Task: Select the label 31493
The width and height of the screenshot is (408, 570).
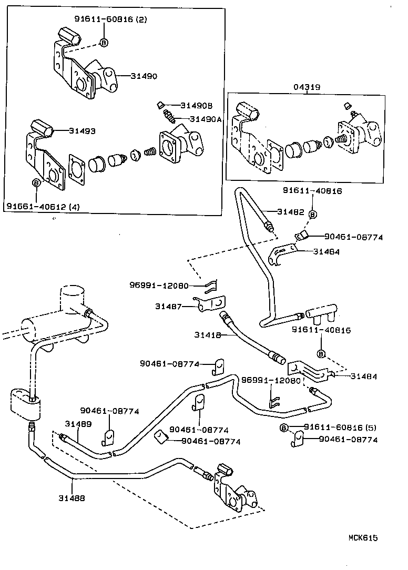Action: coord(83,131)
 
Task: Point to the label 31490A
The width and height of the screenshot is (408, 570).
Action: coord(206,119)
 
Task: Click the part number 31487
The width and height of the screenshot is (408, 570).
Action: coord(168,306)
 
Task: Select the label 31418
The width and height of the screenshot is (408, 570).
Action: coord(207,334)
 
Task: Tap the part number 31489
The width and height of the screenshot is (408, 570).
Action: coord(78,424)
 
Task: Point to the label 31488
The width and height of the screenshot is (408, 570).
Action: coord(72,497)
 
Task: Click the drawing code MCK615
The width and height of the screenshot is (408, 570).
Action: coord(363,537)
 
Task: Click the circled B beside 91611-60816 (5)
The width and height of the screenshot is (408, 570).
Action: coord(284,427)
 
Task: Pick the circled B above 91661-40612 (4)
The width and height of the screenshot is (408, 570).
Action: coord(36,182)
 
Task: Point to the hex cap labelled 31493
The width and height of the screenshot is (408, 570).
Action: coord(42,128)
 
